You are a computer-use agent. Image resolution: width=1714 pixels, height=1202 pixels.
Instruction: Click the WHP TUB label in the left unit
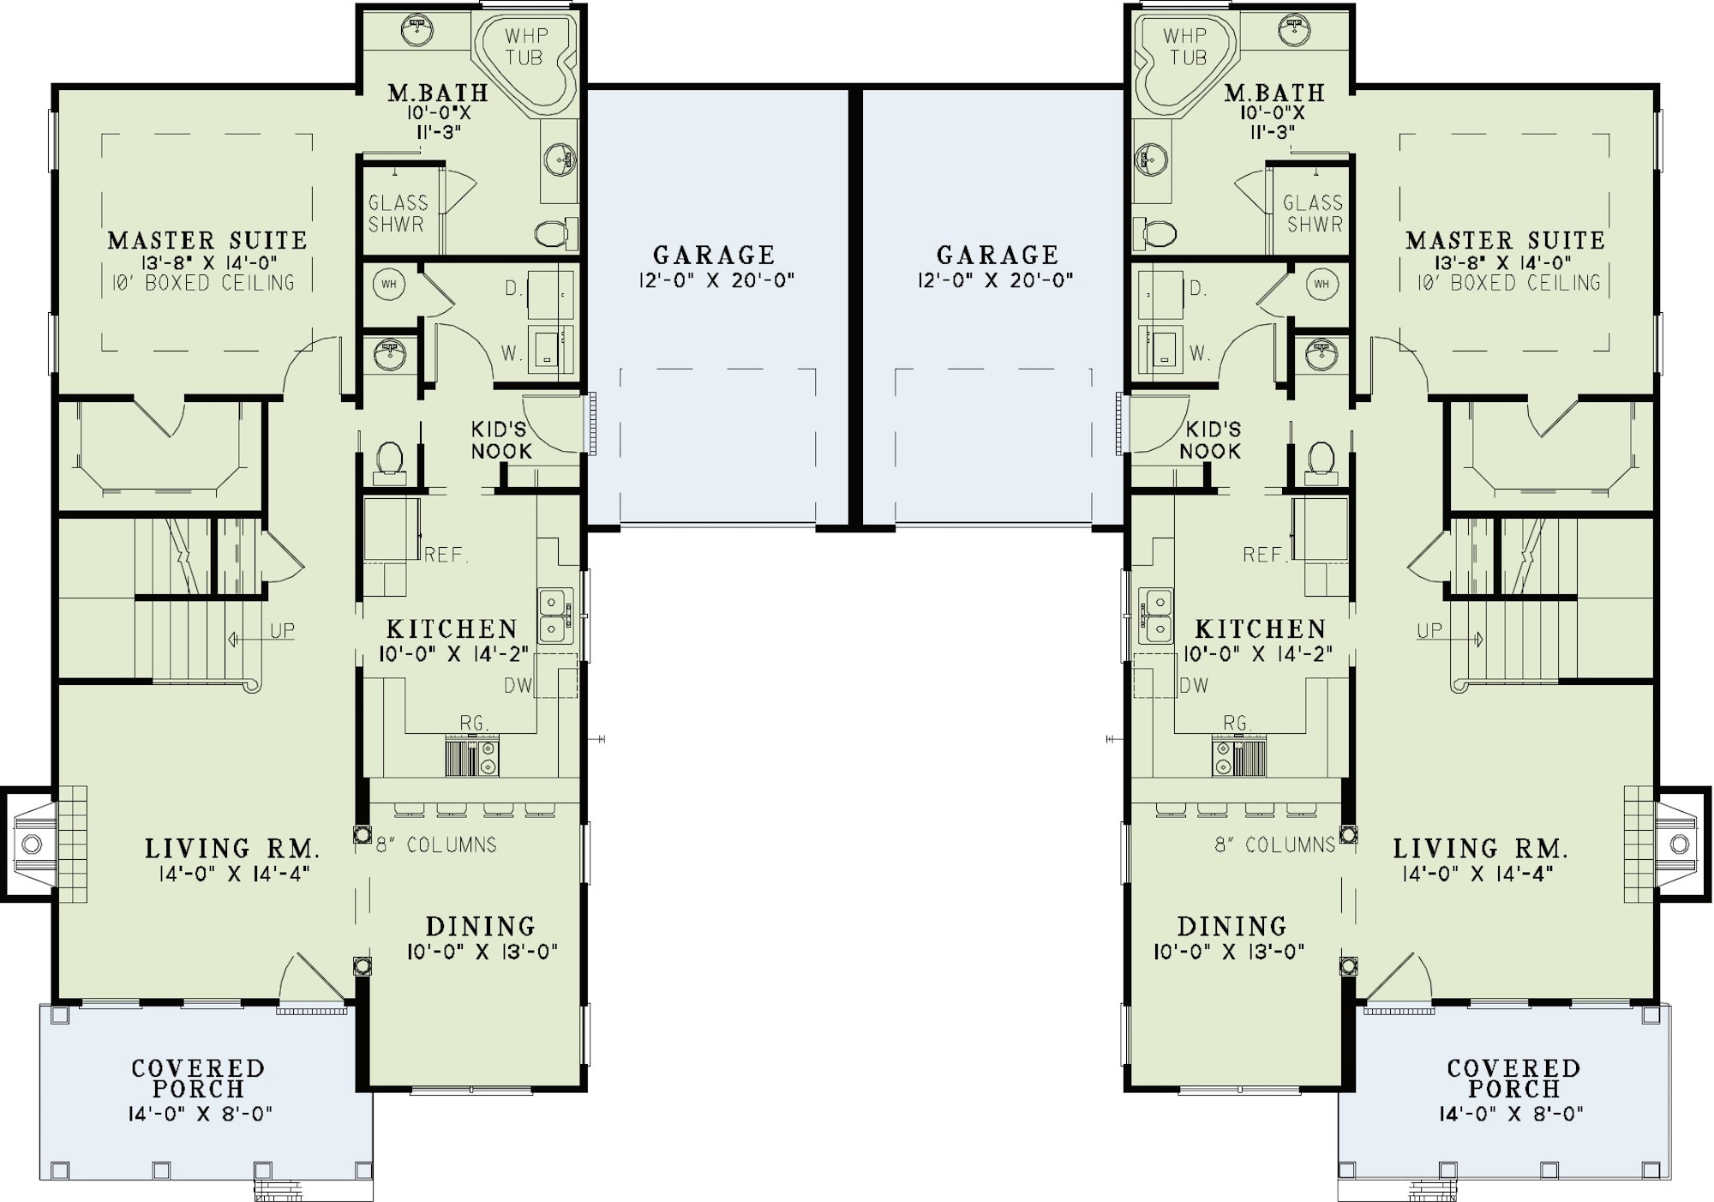coord(524,46)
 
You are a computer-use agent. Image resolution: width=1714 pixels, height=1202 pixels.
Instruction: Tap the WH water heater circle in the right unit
coord(1321,284)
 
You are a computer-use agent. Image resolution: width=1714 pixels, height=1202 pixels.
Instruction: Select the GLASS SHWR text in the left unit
coord(398,213)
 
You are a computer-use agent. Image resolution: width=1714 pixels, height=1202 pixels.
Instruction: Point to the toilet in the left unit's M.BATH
coord(554,231)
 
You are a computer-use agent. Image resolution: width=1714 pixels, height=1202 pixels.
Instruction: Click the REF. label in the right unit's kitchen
coord(1267,555)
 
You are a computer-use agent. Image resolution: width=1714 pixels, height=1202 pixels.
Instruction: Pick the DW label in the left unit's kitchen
coord(518,686)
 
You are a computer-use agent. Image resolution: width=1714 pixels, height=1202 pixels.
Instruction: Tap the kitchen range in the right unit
coord(1238,757)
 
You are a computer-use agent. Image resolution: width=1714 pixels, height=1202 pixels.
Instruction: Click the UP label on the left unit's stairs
coord(283,631)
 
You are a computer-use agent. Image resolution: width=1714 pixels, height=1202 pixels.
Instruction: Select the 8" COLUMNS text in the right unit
coord(1275,844)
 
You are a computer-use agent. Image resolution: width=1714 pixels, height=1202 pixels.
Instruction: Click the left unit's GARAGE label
coord(714,255)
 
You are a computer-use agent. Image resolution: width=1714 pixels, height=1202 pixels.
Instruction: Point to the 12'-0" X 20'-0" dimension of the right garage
coord(996,280)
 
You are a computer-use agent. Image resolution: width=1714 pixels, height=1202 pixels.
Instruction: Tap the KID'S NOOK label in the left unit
coord(501,440)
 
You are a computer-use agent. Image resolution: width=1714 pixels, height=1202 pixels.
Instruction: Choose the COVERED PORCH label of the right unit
coord(1513,1079)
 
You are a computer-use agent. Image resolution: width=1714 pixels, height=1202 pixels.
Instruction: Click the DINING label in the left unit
coord(481,926)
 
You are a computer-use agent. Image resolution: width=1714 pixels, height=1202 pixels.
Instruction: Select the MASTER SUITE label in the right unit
coord(1505,241)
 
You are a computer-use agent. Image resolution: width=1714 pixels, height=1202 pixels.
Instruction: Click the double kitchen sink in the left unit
coord(556,616)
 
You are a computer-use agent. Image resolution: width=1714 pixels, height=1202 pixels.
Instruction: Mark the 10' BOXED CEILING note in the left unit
coord(203,283)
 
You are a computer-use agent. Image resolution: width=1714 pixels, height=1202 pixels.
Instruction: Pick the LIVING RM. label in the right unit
coord(1481,849)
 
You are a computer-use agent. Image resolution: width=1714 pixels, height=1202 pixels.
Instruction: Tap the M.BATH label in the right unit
coord(1274,93)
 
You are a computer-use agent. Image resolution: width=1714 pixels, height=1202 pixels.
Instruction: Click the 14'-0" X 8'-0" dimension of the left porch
coord(198,1114)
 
